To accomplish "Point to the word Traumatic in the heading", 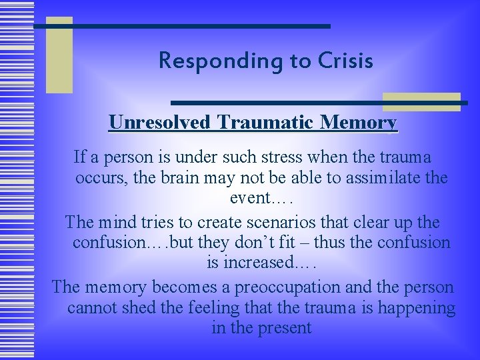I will pos(269,123).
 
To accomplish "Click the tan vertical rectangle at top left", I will pos(59,55).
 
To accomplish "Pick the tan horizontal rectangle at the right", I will pos(421,101).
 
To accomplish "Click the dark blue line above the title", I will pos(181,26).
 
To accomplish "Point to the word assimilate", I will pos(377,179).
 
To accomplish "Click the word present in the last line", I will pos(281,328).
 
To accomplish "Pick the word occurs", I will pos(97,179).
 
